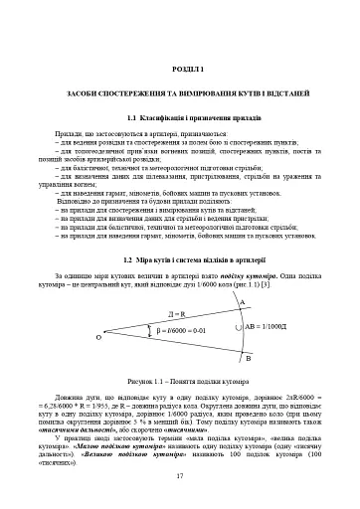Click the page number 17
[180, 477]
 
